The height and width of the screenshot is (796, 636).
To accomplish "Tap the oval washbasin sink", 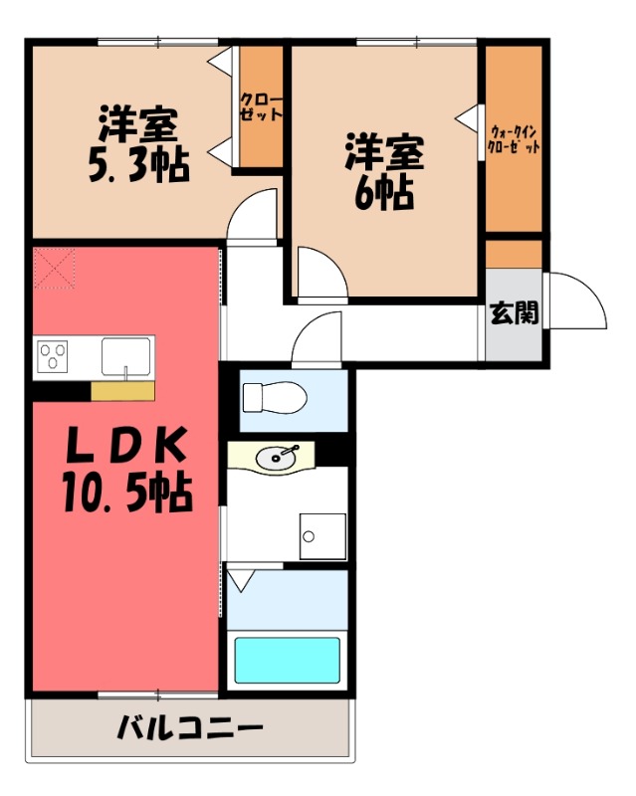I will coord(274,457).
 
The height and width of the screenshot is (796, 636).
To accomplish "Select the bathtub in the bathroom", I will coord(287,659).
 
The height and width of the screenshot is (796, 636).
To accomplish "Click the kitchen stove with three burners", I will coord(51,356).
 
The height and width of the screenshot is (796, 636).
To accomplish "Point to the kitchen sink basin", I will coord(125,355).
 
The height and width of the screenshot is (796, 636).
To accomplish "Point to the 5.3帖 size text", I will coord(137,165).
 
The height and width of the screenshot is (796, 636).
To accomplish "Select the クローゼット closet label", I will coord(261,106).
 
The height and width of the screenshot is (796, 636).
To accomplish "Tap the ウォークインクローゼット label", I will coord(514,139).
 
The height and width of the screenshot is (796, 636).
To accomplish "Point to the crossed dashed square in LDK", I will coord(54,268).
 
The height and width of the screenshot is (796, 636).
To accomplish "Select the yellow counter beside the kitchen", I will coord(122,391).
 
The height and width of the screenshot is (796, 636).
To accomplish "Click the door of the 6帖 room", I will coord(320,277).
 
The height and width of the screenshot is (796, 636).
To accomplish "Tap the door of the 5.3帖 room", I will coord(253,217).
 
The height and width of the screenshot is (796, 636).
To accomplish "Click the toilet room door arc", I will coord(317,340).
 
